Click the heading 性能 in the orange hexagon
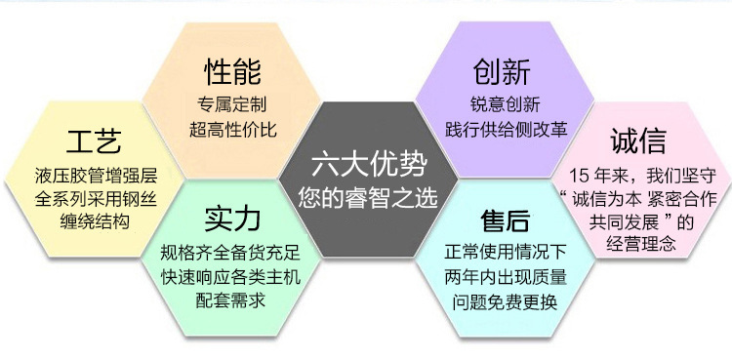[x=232, y=72]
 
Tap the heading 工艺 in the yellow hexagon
[x=94, y=141]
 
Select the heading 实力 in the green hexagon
[x=232, y=220]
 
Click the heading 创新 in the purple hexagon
[x=502, y=72]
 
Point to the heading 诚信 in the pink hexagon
[x=638, y=141]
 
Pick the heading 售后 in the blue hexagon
[x=506, y=220]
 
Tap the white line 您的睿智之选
[x=368, y=197]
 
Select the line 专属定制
[x=232, y=104]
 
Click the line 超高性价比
[x=233, y=129]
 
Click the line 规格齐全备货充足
[x=230, y=253]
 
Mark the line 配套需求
[x=230, y=300]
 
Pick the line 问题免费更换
[x=506, y=303]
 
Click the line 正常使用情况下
[x=506, y=253]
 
